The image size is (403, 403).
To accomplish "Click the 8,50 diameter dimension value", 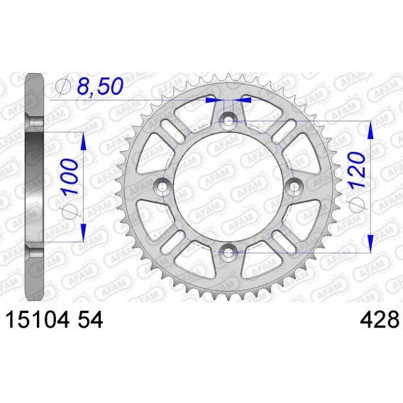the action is click(100, 86).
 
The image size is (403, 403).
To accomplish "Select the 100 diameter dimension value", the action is click(70, 176).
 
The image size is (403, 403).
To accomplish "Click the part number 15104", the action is click(38, 319).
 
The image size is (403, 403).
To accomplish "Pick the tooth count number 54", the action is click(90, 319).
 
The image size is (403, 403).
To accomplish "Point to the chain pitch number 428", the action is click(380, 319).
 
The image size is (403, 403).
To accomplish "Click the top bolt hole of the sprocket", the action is click(228, 121).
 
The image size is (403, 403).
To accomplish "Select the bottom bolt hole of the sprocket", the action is click(228, 253).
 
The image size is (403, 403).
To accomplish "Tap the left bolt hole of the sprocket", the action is click(162, 187).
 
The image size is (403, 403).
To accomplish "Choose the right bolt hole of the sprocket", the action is click(294, 187).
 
